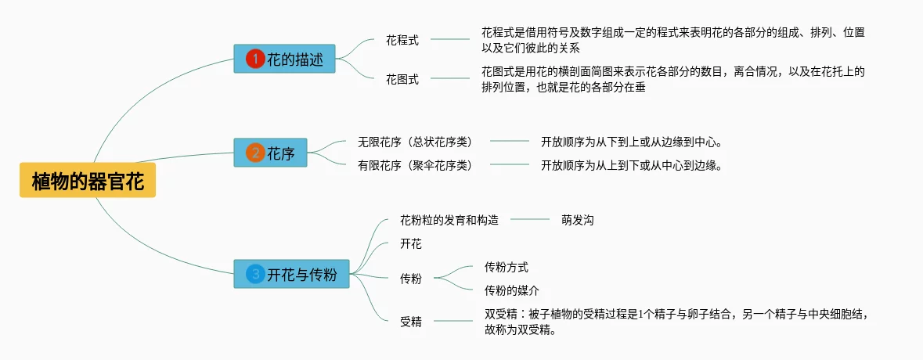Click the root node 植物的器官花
coord(88,182)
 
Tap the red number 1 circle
coord(255,59)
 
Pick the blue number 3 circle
coord(255,274)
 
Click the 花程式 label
coord(402,38)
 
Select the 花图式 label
coord(402,79)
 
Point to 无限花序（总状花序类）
coord(415,142)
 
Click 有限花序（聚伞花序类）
coord(415,165)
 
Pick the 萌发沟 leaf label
coord(577,220)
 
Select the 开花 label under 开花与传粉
coord(411,244)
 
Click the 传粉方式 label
coord(507,267)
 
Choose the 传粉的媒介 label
coord(512,290)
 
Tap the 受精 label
coord(411,321)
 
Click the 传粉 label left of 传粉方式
coord(411,278)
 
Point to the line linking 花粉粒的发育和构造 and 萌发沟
coord(530,220)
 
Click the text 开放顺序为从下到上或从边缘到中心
coord(630,142)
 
